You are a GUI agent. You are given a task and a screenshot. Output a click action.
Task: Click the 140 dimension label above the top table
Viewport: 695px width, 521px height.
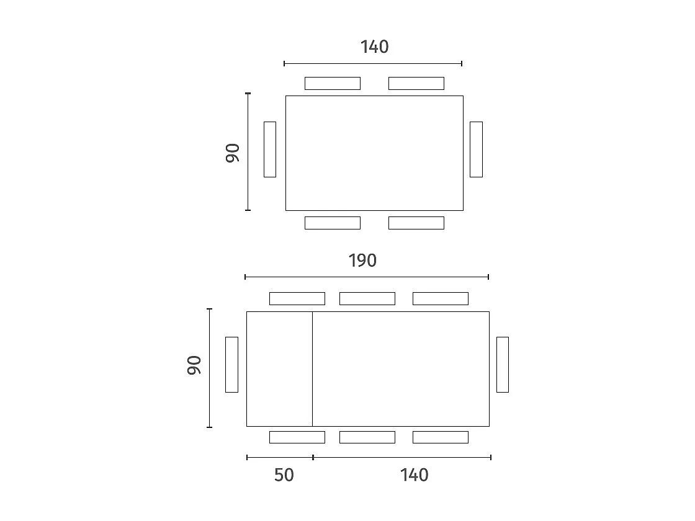click(x=374, y=47)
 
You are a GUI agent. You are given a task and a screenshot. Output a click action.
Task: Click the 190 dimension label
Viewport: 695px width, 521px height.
click(x=362, y=260)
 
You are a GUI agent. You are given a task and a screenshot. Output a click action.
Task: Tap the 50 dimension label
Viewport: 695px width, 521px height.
click(x=284, y=475)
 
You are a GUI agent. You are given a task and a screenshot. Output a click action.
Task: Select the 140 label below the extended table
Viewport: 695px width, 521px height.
click(x=414, y=475)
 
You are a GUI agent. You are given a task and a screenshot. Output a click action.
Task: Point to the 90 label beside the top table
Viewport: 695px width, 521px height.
click(x=233, y=153)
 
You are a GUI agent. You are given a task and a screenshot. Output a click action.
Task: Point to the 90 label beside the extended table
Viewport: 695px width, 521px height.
click(x=194, y=365)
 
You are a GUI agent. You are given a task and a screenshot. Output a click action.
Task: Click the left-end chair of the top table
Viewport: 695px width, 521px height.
click(x=270, y=149)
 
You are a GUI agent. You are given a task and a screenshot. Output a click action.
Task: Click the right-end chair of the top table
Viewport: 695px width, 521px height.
click(x=476, y=149)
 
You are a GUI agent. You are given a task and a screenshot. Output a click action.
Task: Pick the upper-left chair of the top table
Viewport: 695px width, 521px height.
click(x=333, y=83)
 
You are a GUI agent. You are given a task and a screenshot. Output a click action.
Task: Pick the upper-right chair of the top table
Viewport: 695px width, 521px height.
click(x=416, y=83)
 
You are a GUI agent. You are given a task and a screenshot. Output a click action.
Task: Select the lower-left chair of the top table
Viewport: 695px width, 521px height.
click(x=333, y=223)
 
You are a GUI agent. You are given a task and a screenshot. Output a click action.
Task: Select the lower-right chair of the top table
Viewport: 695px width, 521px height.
click(x=416, y=223)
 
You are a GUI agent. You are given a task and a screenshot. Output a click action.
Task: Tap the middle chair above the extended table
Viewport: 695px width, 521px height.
click(x=367, y=298)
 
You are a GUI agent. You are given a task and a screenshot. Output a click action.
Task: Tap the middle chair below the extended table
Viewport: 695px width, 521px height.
click(x=367, y=437)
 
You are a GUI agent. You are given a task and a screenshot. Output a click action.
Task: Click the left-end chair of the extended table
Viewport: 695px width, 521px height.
click(x=231, y=365)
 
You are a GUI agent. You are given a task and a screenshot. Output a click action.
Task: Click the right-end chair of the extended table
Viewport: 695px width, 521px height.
click(x=503, y=365)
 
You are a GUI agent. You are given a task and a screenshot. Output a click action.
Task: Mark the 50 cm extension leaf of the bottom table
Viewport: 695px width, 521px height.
click(x=279, y=369)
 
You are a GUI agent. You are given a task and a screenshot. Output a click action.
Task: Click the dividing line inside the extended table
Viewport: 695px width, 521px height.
click(x=312, y=369)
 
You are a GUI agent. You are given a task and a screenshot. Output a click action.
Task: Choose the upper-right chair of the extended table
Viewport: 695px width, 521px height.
click(x=441, y=298)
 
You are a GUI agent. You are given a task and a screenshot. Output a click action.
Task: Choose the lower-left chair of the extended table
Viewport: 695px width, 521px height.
click(x=297, y=437)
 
